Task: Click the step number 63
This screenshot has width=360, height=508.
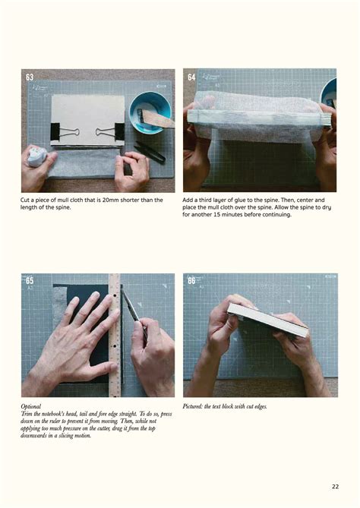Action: click(30, 77)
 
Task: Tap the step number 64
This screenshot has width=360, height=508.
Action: click(191, 77)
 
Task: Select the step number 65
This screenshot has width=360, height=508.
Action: click(30, 281)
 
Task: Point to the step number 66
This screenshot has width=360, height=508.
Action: click(191, 281)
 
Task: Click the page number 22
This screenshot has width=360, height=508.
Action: click(335, 487)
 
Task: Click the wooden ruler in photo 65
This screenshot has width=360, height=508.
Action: click(115, 334)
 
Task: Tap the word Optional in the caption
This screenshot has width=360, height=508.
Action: click(31, 407)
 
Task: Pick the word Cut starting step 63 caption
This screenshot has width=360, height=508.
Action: click(26, 200)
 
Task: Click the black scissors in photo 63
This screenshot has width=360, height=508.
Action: click(149, 152)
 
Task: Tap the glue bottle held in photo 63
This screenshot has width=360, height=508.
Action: click(36, 156)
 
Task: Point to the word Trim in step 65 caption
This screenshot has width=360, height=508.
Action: click(27, 414)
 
